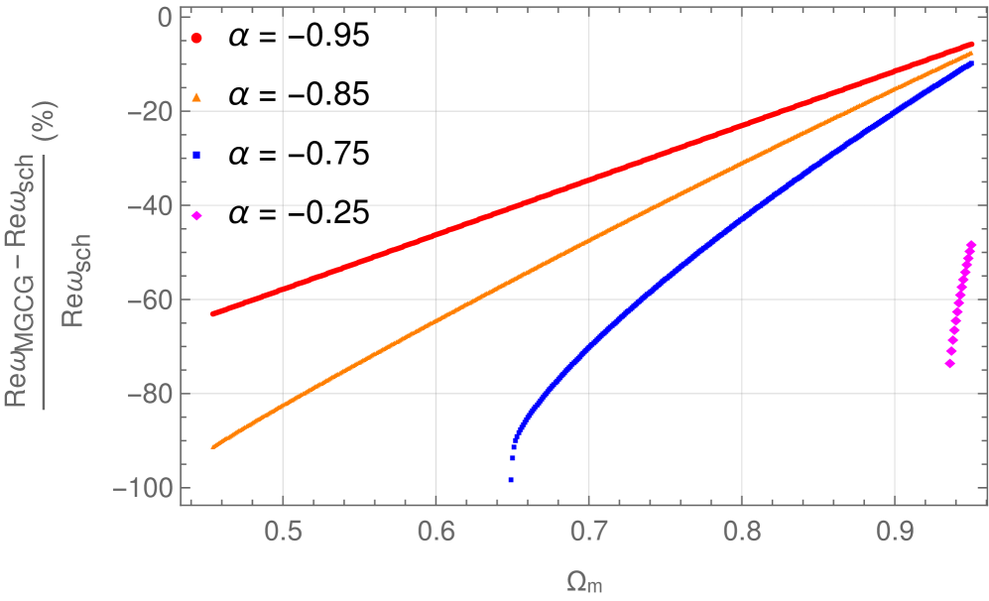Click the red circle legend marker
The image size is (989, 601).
(x=196, y=38)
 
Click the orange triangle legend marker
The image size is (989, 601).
(x=196, y=97)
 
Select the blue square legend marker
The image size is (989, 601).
(x=196, y=155)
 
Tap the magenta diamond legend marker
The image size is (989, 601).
(x=196, y=216)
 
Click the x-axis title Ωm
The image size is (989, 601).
(x=587, y=584)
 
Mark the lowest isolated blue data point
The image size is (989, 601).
(x=511, y=480)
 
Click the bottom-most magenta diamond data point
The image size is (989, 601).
(x=949, y=364)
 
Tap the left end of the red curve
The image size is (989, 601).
(x=213, y=313)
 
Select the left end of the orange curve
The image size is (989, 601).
(x=213, y=446)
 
